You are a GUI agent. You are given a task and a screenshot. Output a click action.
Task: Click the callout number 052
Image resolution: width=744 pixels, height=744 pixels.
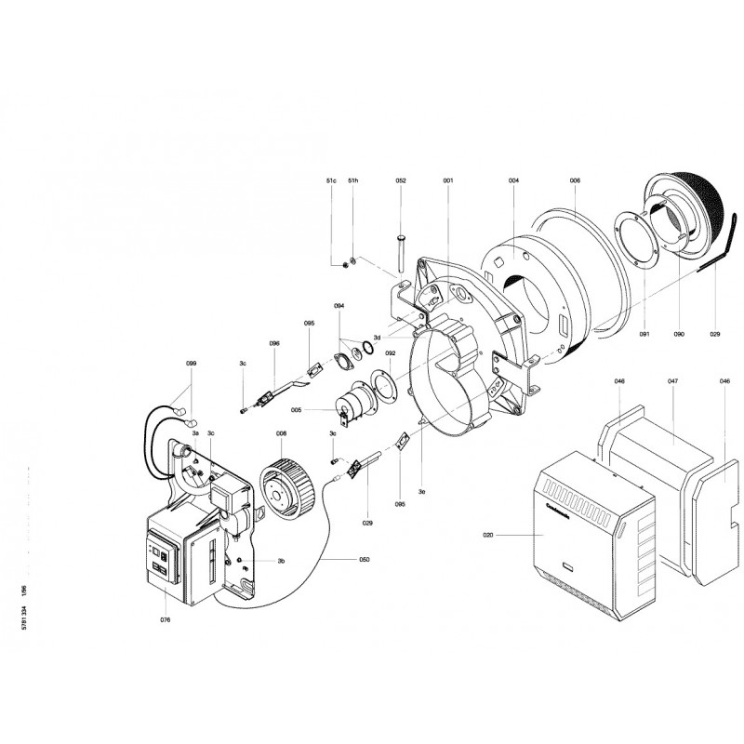[401, 179]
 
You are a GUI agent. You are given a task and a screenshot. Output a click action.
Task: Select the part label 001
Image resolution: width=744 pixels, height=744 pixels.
[447, 179]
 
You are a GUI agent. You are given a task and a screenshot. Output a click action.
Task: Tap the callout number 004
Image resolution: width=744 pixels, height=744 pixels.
[513, 179]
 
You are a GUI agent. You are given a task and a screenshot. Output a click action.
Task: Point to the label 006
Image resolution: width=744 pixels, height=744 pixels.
[575, 179]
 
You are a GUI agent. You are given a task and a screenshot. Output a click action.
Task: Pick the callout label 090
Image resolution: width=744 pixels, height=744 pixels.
[679, 332]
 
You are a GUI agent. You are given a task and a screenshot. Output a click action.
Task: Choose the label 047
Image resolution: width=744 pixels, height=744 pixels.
[672, 381]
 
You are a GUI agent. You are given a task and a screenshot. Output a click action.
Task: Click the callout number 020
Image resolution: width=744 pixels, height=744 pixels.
[488, 537]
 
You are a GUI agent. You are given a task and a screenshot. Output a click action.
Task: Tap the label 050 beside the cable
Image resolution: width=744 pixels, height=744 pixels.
[365, 560]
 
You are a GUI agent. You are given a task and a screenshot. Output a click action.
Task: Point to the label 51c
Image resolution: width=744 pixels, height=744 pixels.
[331, 179]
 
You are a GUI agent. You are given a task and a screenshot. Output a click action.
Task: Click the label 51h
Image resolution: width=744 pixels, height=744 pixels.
[353, 179]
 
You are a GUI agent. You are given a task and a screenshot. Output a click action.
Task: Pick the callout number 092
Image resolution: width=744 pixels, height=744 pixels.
[391, 353]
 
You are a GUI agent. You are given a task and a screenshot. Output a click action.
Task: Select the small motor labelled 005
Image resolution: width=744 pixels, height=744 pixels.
[352, 405]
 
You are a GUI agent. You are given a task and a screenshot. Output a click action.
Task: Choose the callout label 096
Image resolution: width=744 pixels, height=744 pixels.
[274, 343]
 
